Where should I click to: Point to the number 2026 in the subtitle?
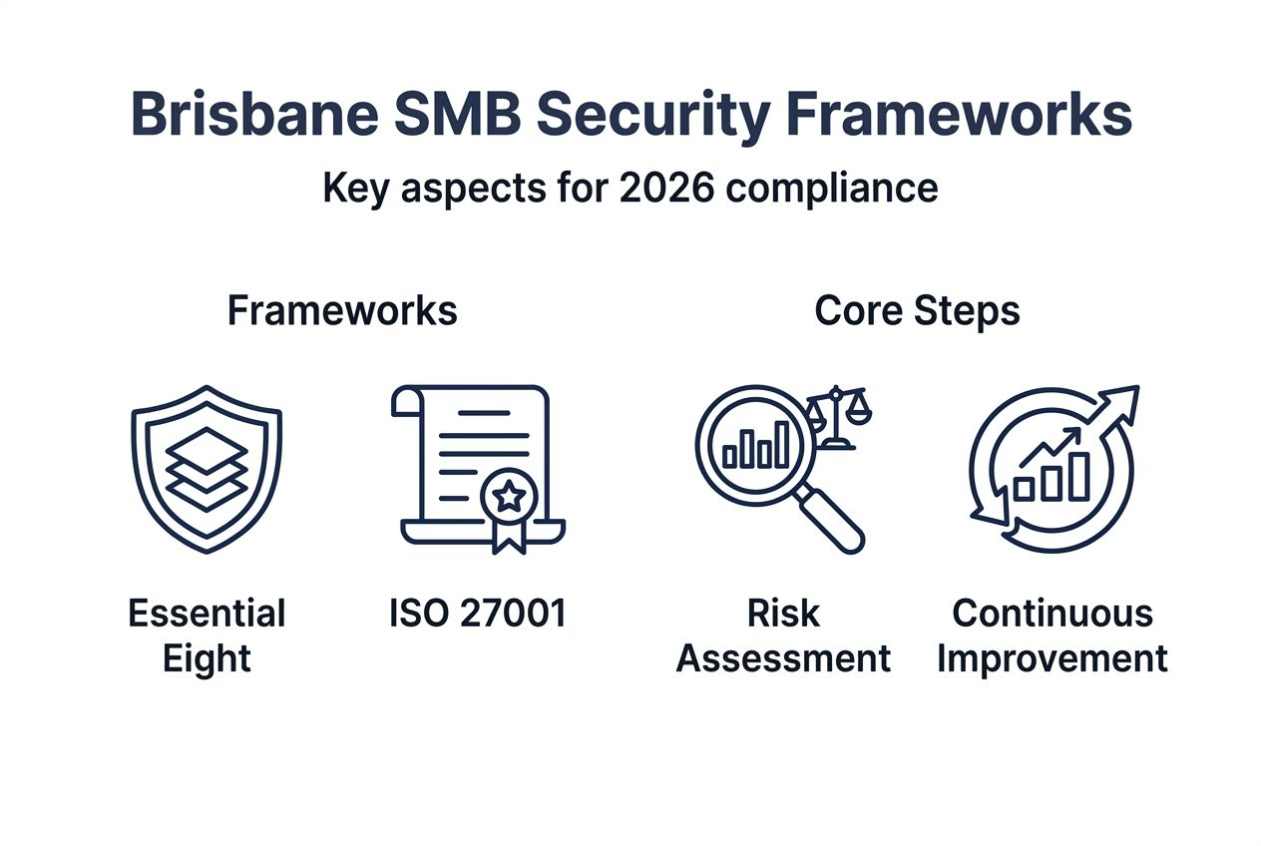click(x=665, y=188)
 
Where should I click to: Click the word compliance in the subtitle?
click(x=831, y=190)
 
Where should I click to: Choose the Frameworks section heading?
click(x=342, y=311)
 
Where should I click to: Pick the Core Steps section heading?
click(x=917, y=311)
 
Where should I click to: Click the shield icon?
click(x=207, y=469)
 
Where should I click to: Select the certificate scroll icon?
click(x=479, y=464)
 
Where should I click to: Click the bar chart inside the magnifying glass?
click(x=756, y=446)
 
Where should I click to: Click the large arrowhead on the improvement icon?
click(x=1120, y=399)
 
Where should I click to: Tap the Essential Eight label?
click(x=207, y=635)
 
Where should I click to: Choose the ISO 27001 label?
click(x=478, y=614)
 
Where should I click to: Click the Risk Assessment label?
click(x=783, y=635)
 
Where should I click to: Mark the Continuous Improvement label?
click(x=1052, y=635)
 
